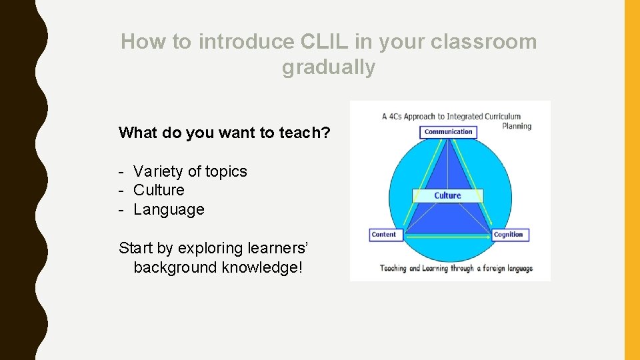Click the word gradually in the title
click(329, 67)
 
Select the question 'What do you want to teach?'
click(224, 133)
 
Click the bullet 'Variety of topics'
click(190, 171)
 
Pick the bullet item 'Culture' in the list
click(159, 190)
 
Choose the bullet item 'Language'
click(169, 209)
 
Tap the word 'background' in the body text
click(175, 267)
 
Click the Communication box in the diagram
click(448, 132)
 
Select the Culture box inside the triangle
click(447, 195)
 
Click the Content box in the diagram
click(384, 235)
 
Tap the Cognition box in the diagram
click(509, 235)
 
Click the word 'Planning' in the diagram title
click(517, 125)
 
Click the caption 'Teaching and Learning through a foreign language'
click(456, 269)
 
